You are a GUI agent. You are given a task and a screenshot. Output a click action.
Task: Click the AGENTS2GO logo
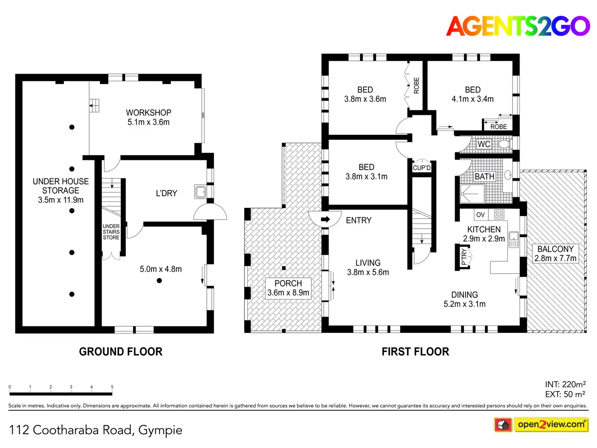click(x=518, y=26)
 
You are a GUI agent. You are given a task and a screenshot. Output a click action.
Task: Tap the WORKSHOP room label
click(x=148, y=113)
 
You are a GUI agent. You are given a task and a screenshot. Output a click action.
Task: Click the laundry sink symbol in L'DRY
click(x=201, y=192)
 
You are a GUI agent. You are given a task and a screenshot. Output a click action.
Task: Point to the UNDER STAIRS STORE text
click(x=111, y=232)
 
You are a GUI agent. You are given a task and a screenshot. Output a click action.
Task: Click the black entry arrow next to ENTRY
click(x=325, y=220)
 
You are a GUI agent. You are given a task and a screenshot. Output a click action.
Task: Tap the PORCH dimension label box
click(x=288, y=288)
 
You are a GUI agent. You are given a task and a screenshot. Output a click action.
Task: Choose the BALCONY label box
click(x=555, y=254)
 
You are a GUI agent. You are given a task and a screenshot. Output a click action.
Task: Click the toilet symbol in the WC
click(x=504, y=144)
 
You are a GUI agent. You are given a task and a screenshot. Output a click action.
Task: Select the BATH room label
click(x=484, y=177)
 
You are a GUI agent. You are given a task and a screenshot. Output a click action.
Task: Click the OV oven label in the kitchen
click(x=480, y=215)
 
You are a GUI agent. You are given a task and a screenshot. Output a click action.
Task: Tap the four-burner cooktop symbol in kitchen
click(x=499, y=214)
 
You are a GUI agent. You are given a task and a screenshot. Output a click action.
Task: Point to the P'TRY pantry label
click(x=464, y=257)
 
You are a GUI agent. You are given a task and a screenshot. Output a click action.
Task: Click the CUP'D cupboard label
click(x=422, y=168)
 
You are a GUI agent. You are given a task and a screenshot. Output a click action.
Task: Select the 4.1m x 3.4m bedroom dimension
click(x=472, y=99)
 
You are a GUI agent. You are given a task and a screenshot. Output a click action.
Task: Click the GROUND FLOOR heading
click(x=120, y=351)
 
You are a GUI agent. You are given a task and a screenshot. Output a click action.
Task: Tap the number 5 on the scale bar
click(x=112, y=387)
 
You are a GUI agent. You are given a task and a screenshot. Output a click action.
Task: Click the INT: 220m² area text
click(x=565, y=384)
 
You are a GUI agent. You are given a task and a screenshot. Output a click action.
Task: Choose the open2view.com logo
click(x=551, y=424)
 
